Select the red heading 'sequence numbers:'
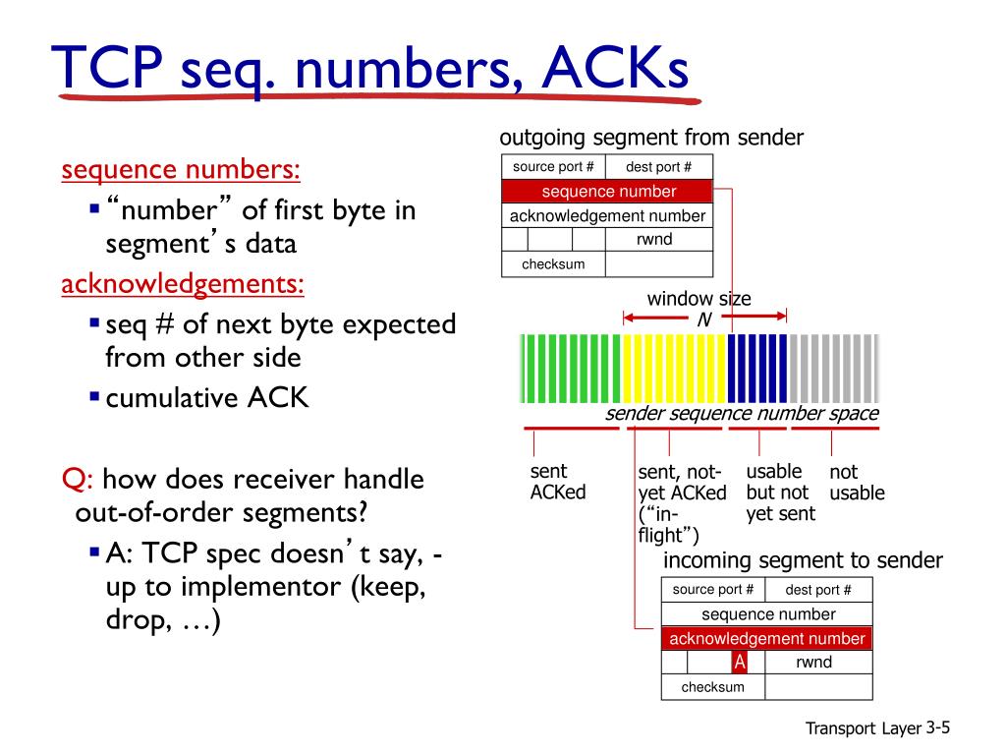(x=181, y=170)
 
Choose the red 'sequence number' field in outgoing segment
(x=608, y=192)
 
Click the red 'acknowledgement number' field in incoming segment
(x=766, y=639)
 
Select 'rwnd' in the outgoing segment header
(x=654, y=239)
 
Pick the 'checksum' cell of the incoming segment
(x=713, y=687)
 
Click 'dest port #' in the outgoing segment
(x=658, y=167)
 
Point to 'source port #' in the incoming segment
(x=713, y=590)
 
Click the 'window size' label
(x=699, y=299)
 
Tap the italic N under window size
(x=703, y=319)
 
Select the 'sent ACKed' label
(x=557, y=482)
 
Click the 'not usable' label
(x=857, y=483)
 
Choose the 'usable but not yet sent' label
(x=780, y=493)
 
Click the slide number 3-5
(x=939, y=727)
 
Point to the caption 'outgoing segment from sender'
(x=651, y=138)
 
